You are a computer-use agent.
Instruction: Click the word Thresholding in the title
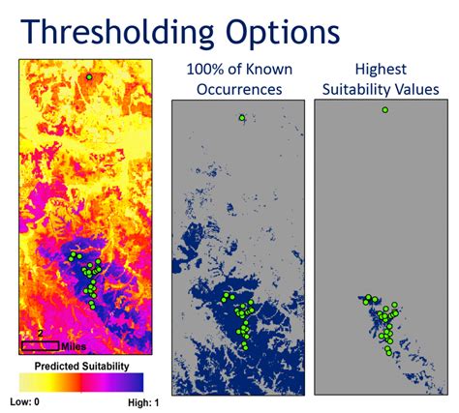[117, 32]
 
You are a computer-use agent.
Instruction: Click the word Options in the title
[283, 33]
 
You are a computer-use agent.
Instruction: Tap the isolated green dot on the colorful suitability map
[89, 77]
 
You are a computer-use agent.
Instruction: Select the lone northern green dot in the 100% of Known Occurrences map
[242, 118]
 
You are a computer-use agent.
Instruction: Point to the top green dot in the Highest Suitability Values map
[384, 110]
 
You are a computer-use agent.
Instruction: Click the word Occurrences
[239, 89]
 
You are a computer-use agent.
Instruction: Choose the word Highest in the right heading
[381, 70]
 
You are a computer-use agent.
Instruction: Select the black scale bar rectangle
[41, 346]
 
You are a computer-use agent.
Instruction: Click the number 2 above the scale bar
[40, 334]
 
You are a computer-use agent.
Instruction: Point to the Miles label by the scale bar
[74, 346]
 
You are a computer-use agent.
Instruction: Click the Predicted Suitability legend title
[81, 367]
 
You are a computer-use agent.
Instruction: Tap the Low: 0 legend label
[24, 402]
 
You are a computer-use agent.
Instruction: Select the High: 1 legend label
[143, 402]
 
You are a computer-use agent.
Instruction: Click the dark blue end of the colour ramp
[139, 382]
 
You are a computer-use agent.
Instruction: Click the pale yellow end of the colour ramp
[23, 382]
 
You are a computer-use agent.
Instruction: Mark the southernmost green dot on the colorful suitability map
[93, 307]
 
